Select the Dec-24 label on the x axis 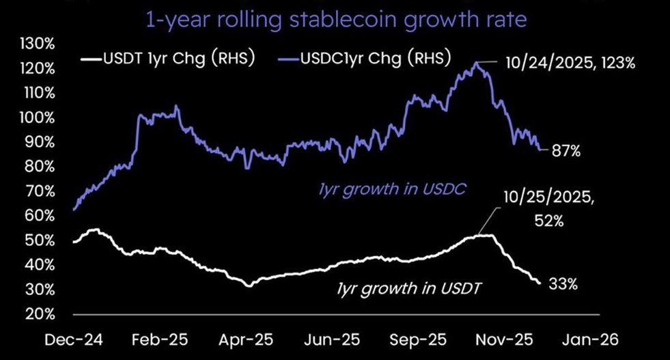tap(73, 341)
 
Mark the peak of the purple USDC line tap(476, 63)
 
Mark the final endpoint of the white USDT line tap(539, 282)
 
